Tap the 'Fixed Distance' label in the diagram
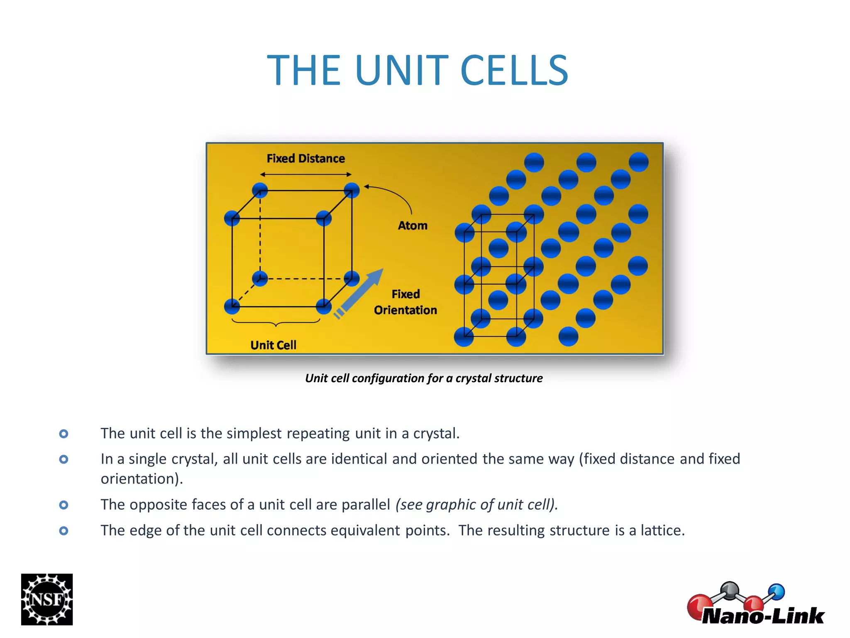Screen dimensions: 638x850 [x=305, y=159]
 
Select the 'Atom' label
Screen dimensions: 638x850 [x=413, y=226]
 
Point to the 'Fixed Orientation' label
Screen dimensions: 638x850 [x=405, y=302]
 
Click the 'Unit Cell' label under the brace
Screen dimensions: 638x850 [x=273, y=345]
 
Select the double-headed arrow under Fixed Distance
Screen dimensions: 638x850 [x=305, y=174]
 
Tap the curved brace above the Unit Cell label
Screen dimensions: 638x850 [x=276, y=322]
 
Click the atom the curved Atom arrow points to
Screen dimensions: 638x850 [x=352, y=190]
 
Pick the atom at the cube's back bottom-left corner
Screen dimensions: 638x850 [x=260, y=278]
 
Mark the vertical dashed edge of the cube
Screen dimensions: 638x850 [x=260, y=235]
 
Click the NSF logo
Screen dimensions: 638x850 [x=47, y=599]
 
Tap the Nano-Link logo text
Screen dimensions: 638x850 [x=763, y=616]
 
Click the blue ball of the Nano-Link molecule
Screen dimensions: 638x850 [x=776, y=592]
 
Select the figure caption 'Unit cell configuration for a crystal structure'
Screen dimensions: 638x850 [x=424, y=378]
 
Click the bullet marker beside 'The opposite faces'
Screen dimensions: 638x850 [x=64, y=505]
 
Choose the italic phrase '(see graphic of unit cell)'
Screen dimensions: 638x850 [x=476, y=505]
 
